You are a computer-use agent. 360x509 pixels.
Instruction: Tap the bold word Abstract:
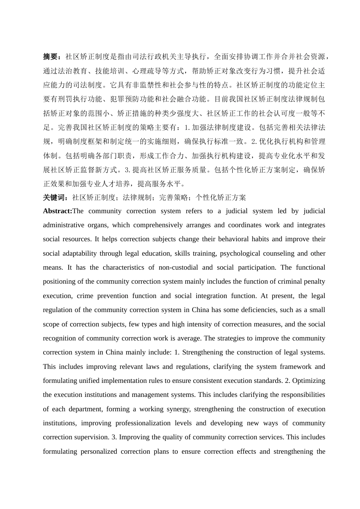point(58,211)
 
